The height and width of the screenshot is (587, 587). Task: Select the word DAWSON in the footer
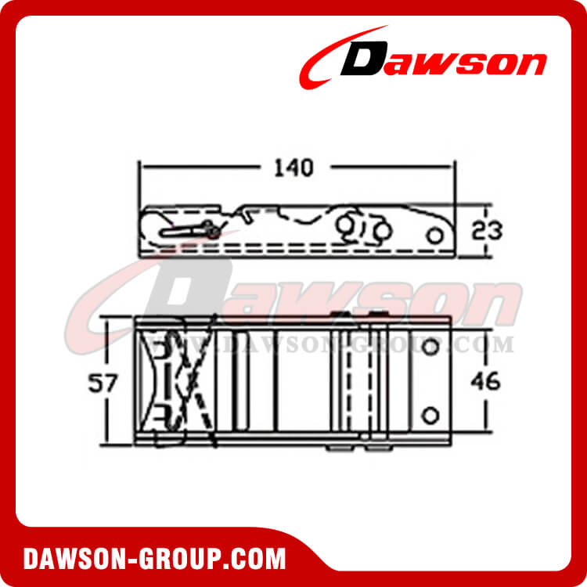(x=74, y=560)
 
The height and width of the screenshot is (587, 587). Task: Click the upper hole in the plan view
(x=428, y=346)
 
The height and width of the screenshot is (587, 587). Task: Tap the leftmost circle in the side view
(x=346, y=226)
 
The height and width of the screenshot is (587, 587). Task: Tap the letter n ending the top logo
(x=528, y=63)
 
